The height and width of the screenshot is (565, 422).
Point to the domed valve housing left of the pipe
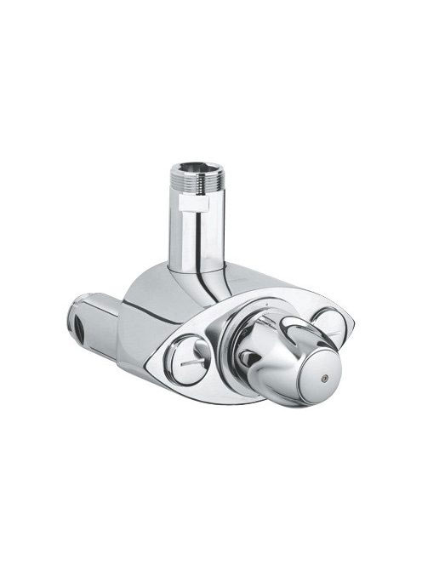[x=153, y=294]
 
